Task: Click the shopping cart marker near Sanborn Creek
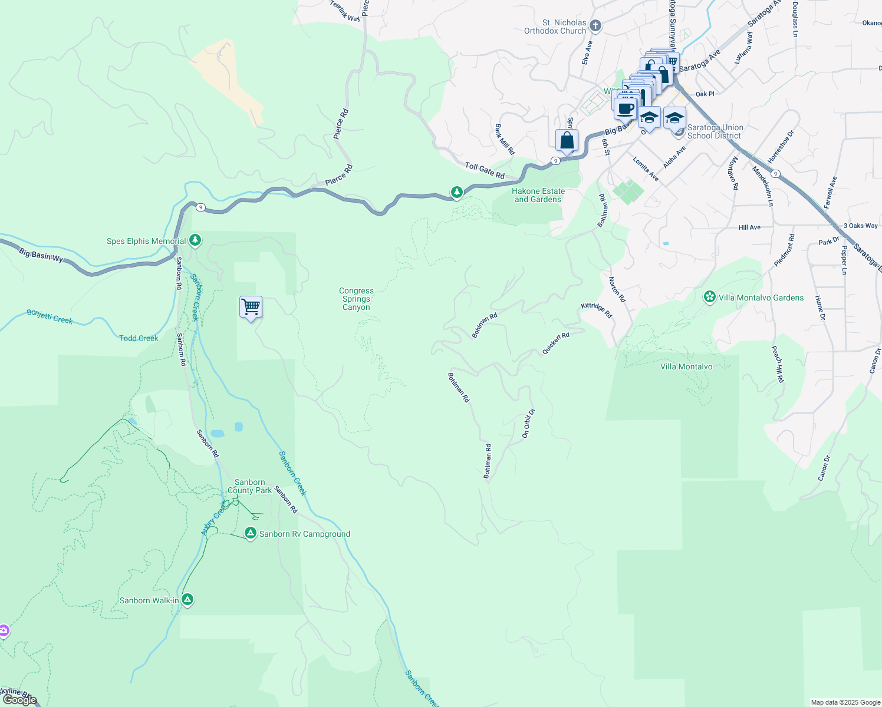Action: pos(251,307)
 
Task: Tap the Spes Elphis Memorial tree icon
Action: pos(195,240)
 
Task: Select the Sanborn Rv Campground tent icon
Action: pos(251,534)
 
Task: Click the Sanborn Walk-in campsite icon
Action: pos(187,600)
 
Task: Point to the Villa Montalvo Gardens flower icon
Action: pos(710,297)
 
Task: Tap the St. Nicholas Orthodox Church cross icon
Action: pos(595,25)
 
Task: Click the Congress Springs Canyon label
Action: pos(356,299)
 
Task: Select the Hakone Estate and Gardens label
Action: pos(538,195)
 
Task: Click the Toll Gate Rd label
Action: pos(485,171)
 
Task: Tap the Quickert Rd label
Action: pos(555,343)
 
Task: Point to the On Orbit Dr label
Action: pos(528,423)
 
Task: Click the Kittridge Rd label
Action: pos(597,310)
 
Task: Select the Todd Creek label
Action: pos(139,338)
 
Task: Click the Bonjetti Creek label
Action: pos(50,317)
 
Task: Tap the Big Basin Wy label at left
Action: pos(41,255)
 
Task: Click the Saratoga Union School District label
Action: pos(715,131)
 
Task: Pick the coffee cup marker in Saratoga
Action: pos(626,108)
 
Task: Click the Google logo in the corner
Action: pos(19,699)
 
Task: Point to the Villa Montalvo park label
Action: pos(686,366)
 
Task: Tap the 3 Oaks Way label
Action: pos(860,226)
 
